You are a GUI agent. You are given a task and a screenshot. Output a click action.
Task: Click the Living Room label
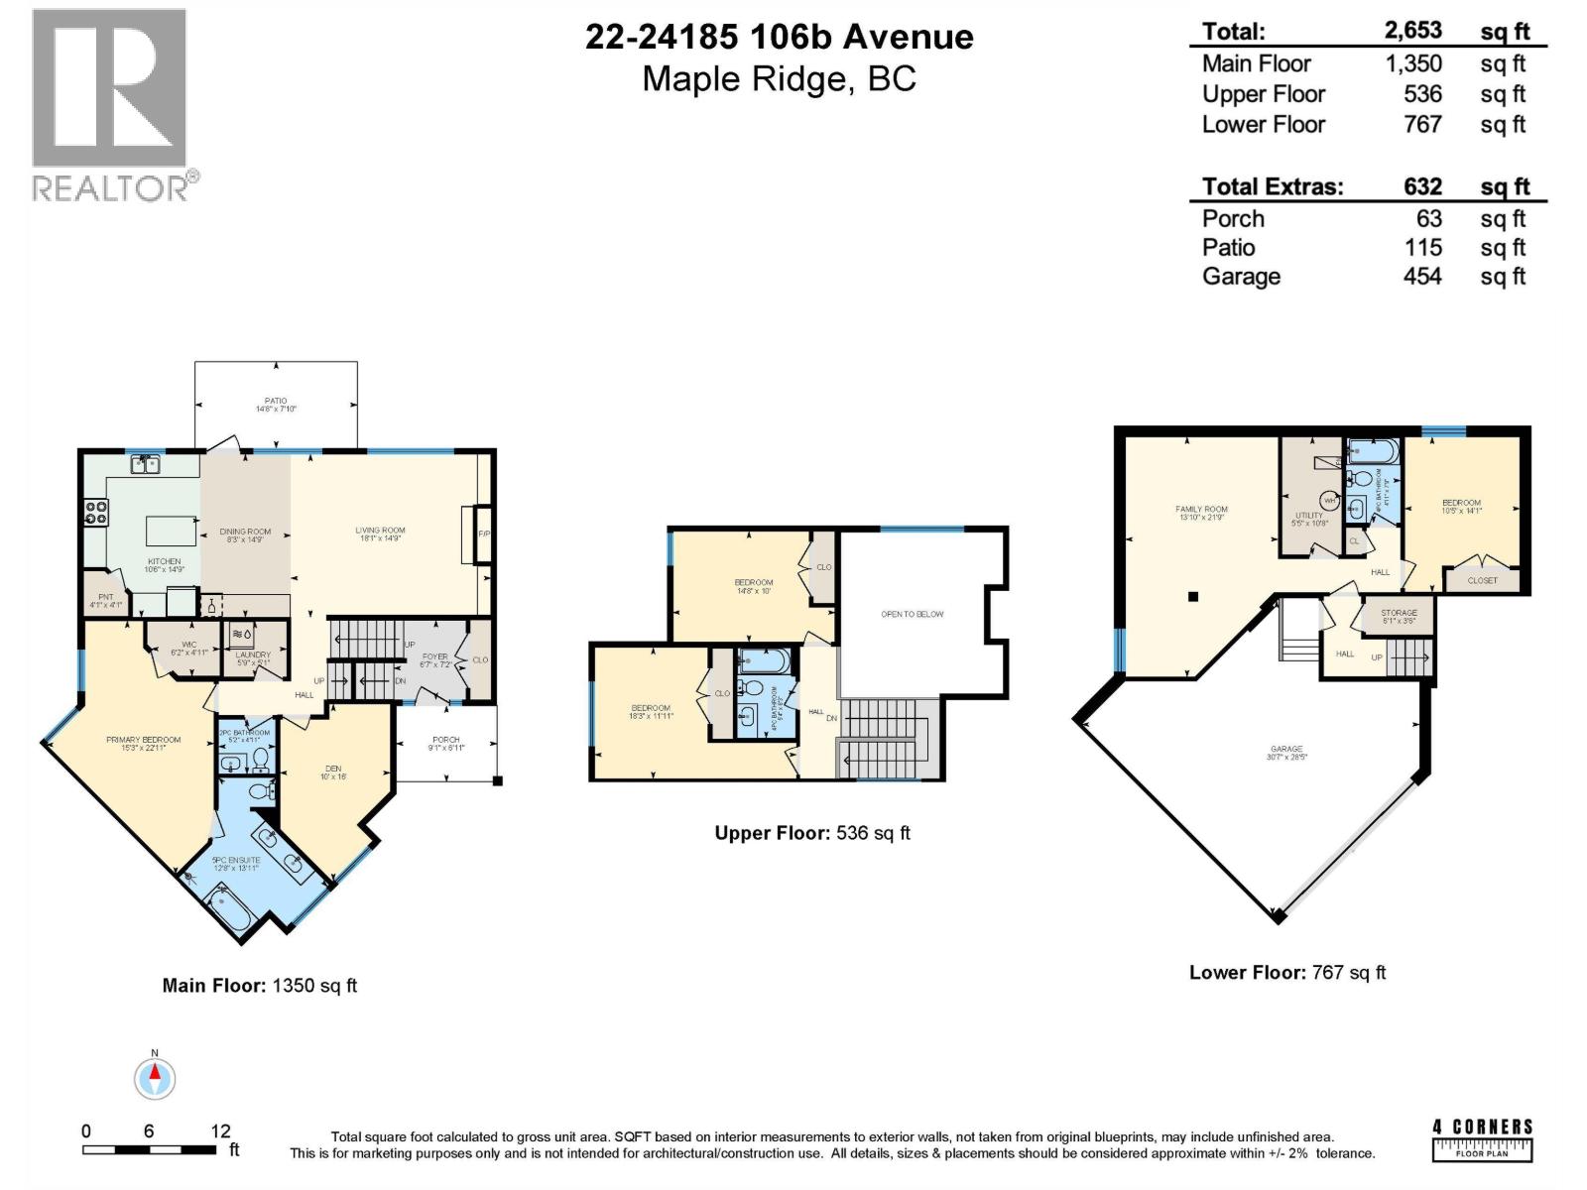point(380,534)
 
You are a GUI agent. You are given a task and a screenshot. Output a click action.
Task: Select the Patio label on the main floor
point(276,405)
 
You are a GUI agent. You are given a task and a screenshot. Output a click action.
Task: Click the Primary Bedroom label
point(144,744)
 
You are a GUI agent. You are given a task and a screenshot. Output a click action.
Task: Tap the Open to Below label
point(912,615)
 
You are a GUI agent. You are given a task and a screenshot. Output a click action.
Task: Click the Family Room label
point(1201,513)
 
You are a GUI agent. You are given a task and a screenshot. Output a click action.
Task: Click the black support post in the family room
point(1193,597)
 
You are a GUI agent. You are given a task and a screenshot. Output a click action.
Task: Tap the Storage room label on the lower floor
point(1399,616)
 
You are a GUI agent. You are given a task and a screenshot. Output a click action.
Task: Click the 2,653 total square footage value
point(1413,31)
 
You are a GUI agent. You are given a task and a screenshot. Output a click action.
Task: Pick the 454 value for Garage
point(1421,277)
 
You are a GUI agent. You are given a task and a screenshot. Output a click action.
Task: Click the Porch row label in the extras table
point(1233,219)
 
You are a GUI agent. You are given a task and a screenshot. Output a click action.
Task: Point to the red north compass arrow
point(155,1073)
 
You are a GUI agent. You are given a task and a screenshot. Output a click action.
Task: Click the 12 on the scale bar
point(220,1130)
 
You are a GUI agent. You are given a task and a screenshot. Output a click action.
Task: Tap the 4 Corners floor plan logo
point(1482,1139)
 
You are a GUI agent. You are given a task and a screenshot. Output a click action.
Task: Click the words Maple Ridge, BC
point(779,78)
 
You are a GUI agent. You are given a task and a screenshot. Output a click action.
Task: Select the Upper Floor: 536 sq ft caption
point(811,833)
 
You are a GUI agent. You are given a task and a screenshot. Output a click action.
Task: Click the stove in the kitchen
point(96,512)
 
